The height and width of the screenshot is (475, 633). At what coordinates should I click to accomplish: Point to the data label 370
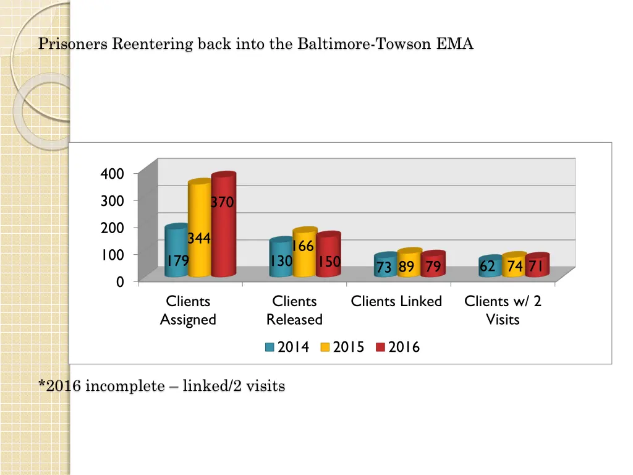222,202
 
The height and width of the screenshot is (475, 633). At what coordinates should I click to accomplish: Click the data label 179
177,261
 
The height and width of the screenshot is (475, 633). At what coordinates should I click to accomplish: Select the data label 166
302,246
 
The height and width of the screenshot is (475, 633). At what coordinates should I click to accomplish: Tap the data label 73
384,267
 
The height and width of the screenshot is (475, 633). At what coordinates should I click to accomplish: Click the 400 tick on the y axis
112,174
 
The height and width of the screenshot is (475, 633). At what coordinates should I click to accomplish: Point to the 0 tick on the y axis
119,281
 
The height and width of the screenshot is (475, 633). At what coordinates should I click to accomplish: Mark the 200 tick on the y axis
112,228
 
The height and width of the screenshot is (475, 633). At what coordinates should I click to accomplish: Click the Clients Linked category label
396,301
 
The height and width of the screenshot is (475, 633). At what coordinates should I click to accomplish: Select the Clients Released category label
294,310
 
